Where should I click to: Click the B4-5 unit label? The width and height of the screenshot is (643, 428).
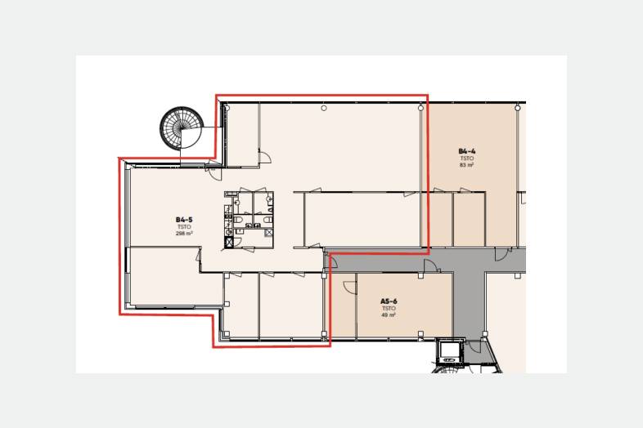coord(184,220)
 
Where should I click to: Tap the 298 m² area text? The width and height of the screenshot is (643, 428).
coord(184,234)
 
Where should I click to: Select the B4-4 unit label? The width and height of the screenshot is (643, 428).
coord(467,151)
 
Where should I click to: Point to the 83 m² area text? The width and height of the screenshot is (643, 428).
coord(467,165)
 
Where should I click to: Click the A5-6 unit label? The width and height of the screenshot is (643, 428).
coord(389,301)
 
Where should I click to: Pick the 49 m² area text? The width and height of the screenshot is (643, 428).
coord(389,315)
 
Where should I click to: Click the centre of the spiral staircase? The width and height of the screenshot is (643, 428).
coord(182,127)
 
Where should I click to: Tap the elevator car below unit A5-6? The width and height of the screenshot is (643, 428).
coord(449,350)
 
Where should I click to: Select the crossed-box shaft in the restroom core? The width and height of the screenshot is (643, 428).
coord(229,242)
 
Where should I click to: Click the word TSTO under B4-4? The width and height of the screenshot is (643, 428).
coord(467,158)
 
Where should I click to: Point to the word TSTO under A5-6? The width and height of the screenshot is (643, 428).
coord(389,309)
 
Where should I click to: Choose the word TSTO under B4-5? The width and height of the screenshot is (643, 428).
coord(184,227)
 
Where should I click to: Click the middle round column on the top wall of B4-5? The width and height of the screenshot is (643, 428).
coord(324,108)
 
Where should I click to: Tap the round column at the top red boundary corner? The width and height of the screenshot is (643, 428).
coord(420,108)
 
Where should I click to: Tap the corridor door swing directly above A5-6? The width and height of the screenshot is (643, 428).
coord(430,266)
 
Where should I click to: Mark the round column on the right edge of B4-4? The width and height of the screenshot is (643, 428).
coord(518,108)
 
